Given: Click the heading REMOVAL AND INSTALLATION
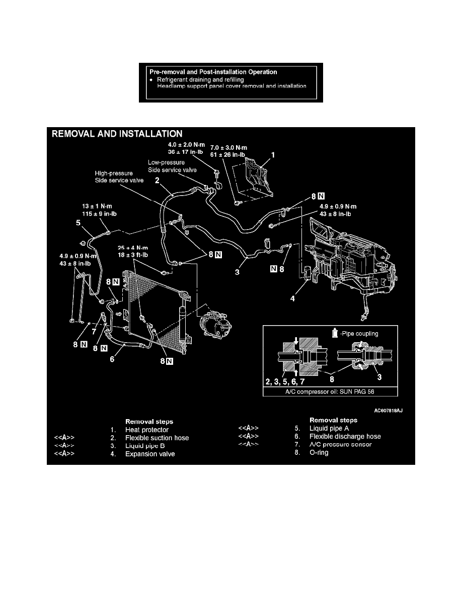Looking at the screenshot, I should tap(115, 134).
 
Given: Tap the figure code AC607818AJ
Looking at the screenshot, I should tap(388, 410).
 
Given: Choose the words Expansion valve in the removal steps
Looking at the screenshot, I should tap(150, 455).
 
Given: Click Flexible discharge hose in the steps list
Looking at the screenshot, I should tap(345, 436).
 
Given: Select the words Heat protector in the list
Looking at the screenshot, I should tap(147, 429).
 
